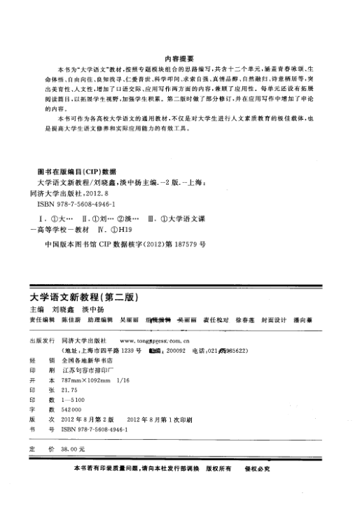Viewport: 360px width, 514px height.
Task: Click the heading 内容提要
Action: click(x=179, y=60)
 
